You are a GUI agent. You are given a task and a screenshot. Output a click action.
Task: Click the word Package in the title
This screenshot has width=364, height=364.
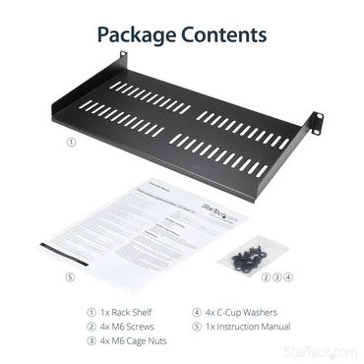point(137,35)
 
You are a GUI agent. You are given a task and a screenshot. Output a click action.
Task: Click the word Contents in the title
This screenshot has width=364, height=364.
point(222,35)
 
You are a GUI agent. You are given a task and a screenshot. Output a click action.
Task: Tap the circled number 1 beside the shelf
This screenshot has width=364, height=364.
point(69,141)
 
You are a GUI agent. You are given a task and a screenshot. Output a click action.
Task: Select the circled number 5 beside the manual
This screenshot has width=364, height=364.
point(69,277)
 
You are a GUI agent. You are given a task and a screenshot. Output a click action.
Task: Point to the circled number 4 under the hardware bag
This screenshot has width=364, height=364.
point(288,277)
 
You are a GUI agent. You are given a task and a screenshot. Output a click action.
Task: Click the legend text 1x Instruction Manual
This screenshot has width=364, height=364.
point(249,326)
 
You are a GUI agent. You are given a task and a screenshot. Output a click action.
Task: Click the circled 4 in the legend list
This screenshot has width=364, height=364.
point(196,312)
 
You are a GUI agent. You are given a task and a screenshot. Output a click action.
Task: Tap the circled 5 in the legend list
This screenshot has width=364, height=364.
point(196,326)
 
